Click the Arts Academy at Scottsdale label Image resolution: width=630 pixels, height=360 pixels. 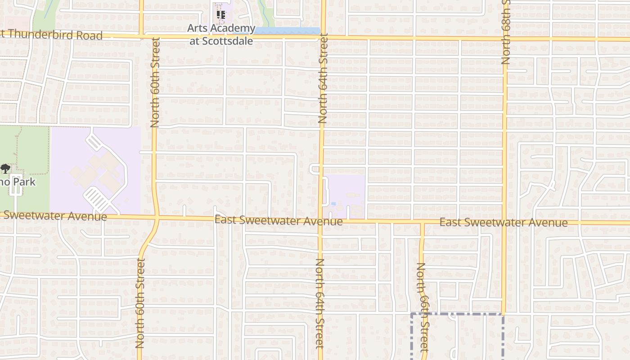pyautogui.click(x=221, y=35)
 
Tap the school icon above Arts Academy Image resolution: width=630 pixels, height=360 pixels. pyautogui.click(x=221, y=14)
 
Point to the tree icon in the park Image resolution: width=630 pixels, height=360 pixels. pyautogui.click(x=5, y=169)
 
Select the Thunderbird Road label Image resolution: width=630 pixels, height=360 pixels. pyautogui.click(x=51, y=35)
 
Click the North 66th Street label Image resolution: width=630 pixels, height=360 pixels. pyautogui.click(x=423, y=307)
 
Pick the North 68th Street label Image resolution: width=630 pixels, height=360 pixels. pyautogui.click(x=506, y=31)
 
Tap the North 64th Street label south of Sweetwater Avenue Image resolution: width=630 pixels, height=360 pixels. pyautogui.click(x=320, y=304)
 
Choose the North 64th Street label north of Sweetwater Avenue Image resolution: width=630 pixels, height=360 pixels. pyautogui.click(x=323, y=79)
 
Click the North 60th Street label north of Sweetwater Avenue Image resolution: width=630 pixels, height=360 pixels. pyautogui.click(x=155, y=82)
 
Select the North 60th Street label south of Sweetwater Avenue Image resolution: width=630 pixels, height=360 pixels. pyautogui.click(x=140, y=303)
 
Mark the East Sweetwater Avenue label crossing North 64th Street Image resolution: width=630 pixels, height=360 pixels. pyautogui.click(x=279, y=220)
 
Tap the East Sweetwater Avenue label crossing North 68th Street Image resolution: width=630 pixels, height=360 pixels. pyautogui.click(x=503, y=223)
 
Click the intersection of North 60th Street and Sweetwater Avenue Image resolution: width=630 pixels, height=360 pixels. pyautogui.click(x=156, y=218)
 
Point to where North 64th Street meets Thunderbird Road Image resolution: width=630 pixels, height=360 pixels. pyautogui.click(x=323, y=37)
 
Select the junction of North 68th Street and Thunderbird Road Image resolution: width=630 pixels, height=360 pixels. pyautogui.click(x=505, y=39)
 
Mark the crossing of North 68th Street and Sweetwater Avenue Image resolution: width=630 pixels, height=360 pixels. pyautogui.click(x=504, y=223)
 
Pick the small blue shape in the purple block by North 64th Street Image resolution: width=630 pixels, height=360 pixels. pyautogui.click(x=333, y=204)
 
